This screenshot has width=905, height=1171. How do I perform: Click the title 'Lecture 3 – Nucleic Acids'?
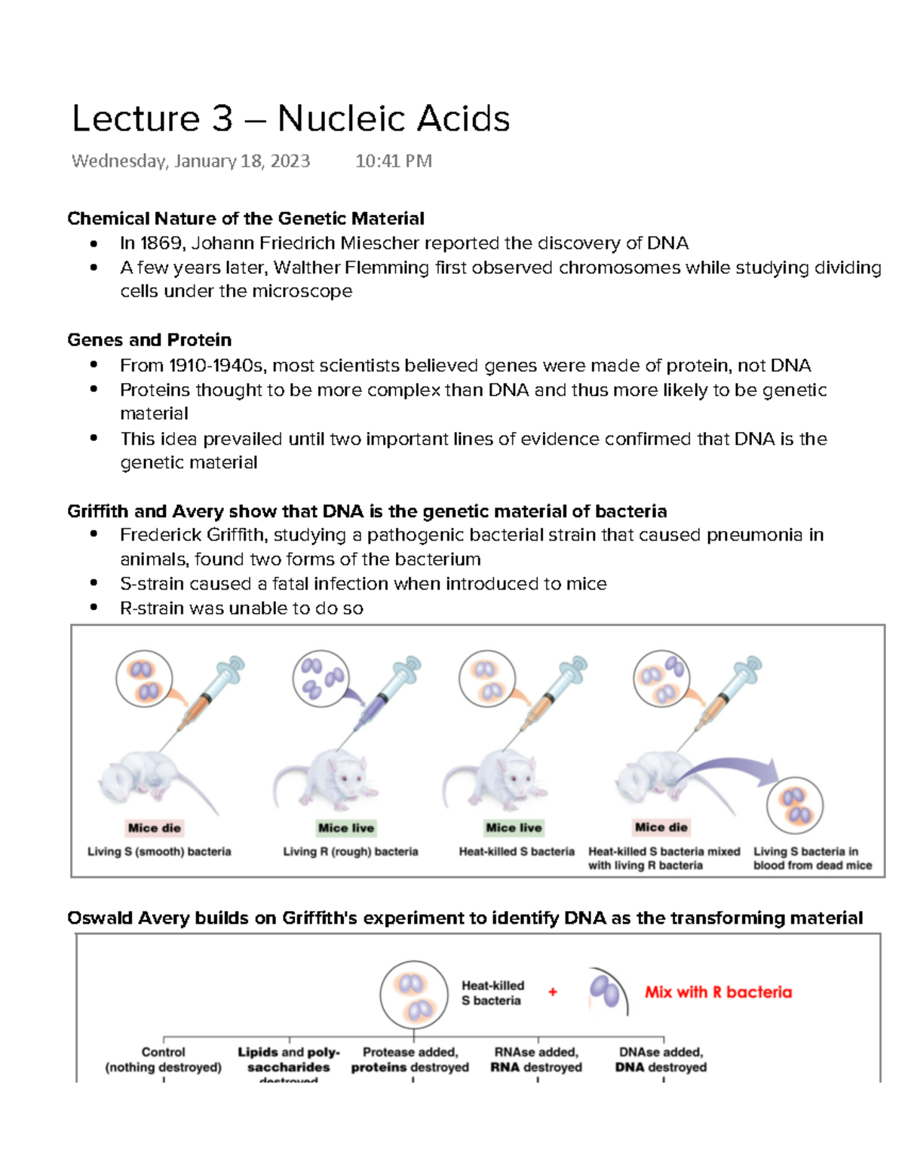pos(290,119)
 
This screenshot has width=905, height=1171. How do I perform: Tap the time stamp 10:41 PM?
pos(393,161)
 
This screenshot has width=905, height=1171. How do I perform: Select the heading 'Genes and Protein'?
pos(149,339)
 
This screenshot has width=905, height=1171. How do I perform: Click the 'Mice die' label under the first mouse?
pos(154,828)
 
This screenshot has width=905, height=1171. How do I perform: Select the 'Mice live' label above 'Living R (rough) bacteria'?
pos(346,828)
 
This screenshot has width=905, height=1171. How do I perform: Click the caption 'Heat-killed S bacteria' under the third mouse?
pos(517,851)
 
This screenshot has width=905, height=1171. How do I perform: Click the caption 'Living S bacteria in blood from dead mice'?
pos(812,858)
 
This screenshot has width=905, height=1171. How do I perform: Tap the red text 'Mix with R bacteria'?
pos(718,992)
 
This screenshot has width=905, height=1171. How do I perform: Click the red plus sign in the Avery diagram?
pos(553,992)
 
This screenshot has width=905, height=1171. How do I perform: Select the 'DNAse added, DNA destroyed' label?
pos(661,1059)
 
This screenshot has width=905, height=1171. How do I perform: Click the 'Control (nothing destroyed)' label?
pos(163,1059)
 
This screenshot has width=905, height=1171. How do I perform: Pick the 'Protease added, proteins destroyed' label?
pos(410,1059)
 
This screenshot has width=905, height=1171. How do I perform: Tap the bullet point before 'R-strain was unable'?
pos(94,608)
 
